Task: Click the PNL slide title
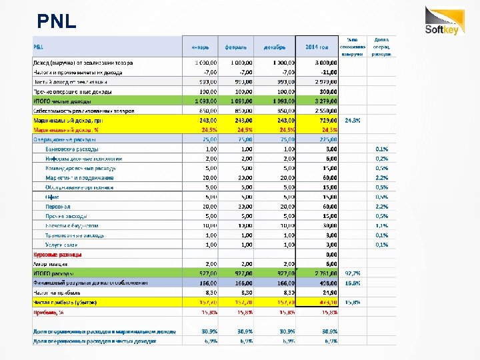coord(57,22)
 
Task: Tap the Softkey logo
coord(443,21)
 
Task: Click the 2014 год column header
coord(317,47)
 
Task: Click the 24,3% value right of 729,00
coord(353,120)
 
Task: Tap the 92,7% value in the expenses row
coord(353,273)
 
